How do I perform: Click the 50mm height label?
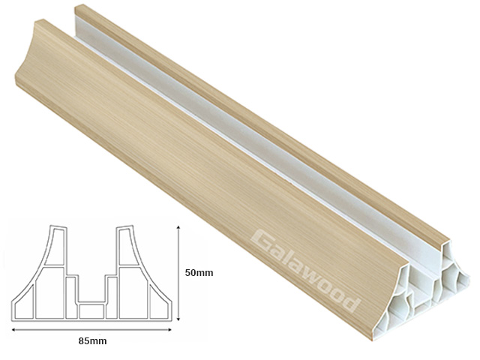pos(199,272)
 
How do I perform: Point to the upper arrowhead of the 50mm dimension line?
pos(178,226)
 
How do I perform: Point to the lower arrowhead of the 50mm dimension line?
pos(178,319)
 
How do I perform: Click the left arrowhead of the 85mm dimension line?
pos(13,328)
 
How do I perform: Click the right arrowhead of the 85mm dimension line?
pos(172,328)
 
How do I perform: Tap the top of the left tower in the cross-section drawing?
pos(57,226)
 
